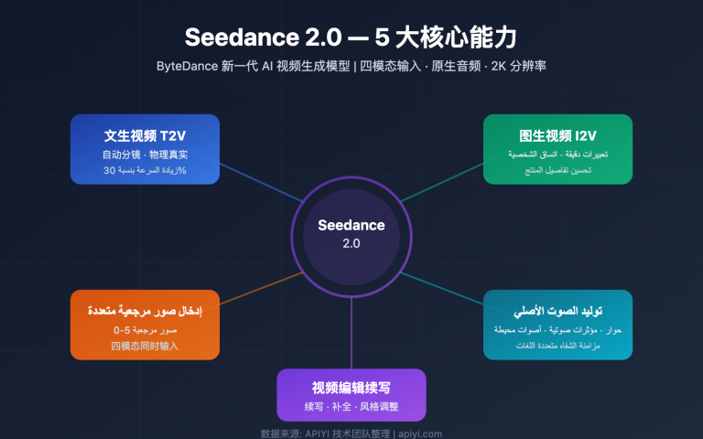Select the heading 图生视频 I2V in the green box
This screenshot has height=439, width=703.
558,135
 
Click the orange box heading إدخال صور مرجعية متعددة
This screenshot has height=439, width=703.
145,310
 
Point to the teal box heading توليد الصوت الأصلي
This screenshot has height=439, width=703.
558,310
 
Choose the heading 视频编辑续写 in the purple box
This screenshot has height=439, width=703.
351,387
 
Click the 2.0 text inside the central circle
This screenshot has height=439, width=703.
351,243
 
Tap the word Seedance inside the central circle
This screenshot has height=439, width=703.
351,225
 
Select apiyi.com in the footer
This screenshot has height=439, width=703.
419,434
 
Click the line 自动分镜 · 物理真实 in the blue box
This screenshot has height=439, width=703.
145,155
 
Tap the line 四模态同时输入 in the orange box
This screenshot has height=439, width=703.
145,346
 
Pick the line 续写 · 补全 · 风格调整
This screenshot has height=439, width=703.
351,406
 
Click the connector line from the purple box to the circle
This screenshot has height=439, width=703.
351,338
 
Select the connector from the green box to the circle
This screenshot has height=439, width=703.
439,180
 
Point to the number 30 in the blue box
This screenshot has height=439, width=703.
110,171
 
